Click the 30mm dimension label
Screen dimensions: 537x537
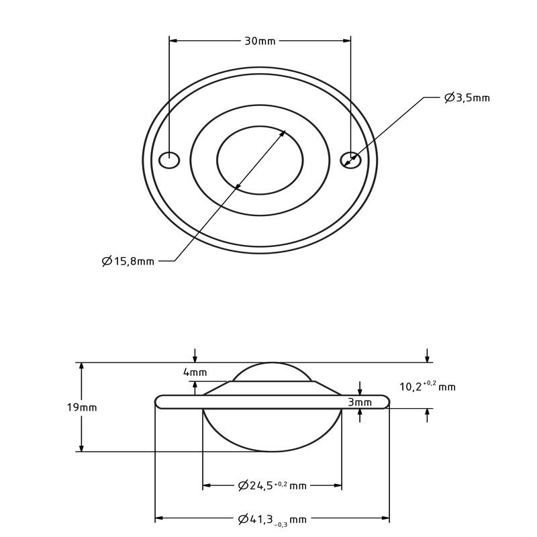260,41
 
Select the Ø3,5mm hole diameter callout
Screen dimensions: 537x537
467,98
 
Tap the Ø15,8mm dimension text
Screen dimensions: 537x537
128,261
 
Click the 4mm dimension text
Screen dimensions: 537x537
195,373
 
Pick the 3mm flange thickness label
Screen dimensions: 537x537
360,402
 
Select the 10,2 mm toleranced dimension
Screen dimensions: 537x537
427,386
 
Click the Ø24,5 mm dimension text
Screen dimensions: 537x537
272,485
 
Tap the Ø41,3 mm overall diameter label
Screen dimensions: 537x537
272,519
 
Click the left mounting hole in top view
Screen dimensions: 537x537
169,160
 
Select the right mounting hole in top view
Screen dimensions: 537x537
351,160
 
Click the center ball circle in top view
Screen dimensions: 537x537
260,160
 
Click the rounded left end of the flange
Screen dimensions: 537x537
159,401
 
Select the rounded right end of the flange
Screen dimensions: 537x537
385,401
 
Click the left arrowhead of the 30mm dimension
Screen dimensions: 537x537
173,41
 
